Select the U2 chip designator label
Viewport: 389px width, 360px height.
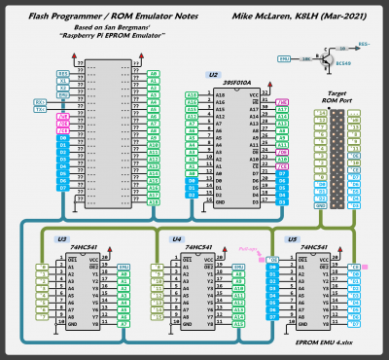(212, 74)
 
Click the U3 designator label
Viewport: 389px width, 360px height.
(61, 238)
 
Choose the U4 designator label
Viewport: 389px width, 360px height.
(177, 238)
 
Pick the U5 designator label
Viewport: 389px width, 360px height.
(292, 238)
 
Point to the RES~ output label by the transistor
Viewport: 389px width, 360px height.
(363, 44)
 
